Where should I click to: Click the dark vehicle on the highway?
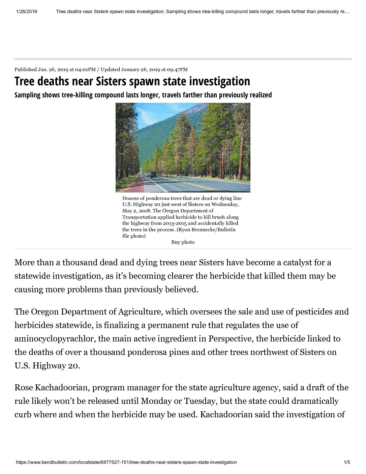[153, 174]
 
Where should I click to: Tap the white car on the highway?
[147, 174]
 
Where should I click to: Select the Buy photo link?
[183, 242]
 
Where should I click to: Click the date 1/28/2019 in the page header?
[26, 11]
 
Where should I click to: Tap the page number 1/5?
[347, 462]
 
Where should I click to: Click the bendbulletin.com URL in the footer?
[126, 462]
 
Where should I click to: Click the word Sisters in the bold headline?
[111, 82]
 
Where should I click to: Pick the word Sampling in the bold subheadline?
[27, 95]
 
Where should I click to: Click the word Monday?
[157, 401]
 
